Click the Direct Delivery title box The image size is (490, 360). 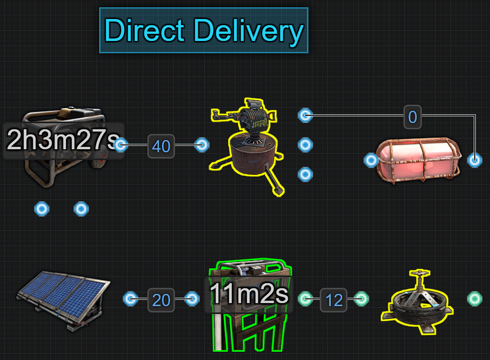(203, 30)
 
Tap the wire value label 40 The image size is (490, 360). (161, 146)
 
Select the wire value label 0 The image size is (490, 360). (412, 117)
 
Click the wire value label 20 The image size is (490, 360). (161, 299)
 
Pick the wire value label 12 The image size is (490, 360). (334, 299)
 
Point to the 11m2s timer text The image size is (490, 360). (249, 294)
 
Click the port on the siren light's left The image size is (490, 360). (371, 161)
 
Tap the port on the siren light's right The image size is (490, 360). (475, 161)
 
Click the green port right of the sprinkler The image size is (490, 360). (475, 298)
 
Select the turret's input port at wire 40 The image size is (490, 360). (202, 145)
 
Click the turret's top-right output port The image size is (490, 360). (305, 115)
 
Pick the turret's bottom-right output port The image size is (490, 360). (305, 175)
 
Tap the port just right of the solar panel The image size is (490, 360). (131, 298)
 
